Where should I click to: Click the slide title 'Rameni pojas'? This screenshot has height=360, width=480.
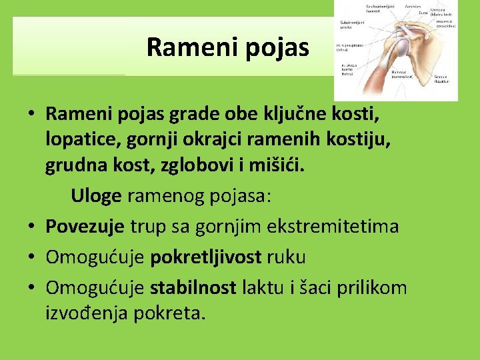pos(227,47)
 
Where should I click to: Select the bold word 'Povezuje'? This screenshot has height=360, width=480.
pos(85,226)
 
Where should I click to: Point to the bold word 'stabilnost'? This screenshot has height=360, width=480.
pos(193,287)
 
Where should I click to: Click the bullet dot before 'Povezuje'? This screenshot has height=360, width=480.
pos(32,227)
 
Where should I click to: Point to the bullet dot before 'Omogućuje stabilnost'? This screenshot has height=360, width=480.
pos(32,288)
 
